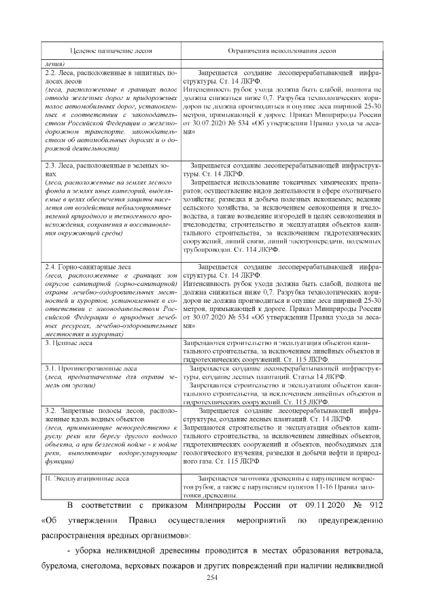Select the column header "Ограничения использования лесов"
point(281,51)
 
